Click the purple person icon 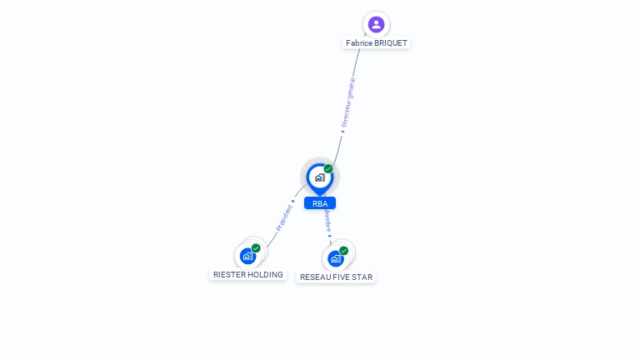[x=376, y=24]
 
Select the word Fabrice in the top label [x=359, y=42]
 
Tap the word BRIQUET [x=391, y=42]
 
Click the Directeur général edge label [x=348, y=102]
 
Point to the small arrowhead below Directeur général [x=342, y=132]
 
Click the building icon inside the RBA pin [x=320, y=177]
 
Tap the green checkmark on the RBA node [x=328, y=168]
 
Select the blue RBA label [x=320, y=203]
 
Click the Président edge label [x=284, y=218]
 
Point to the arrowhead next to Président [x=293, y=201]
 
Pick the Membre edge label [x=327, y=221]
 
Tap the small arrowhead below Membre [x=329, y=236]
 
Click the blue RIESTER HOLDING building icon [x=247, y=257]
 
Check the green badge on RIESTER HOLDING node [x=256, y=247]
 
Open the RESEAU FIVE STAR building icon [x=336, y=259]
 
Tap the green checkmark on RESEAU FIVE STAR [x=343, y=251]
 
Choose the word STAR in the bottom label [x=362, y=277]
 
